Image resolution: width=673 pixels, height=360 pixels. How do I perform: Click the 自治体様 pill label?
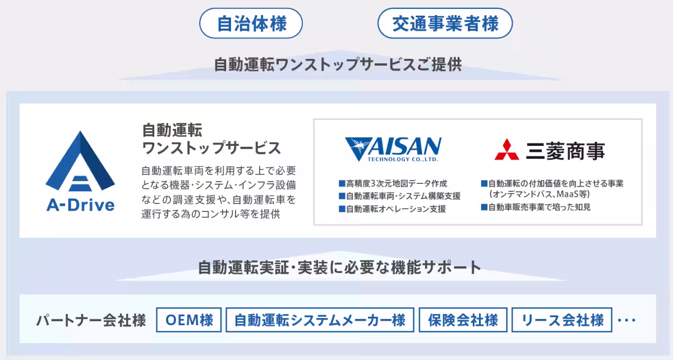point(251,24)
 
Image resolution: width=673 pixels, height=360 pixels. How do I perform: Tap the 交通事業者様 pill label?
point(445,24)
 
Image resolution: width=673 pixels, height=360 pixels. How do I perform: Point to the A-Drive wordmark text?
point(80,205)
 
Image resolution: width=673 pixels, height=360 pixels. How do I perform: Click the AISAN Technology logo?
point(393,149)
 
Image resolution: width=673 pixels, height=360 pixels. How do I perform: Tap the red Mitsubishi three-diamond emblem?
point(506,149)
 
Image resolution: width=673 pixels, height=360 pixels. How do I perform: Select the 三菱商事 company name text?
point(565,150)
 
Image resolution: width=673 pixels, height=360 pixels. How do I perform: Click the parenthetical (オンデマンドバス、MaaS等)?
point(538,194)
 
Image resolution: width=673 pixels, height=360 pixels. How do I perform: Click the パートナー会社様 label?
point(91,320)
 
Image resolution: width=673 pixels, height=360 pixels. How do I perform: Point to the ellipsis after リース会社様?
point(626,321)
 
